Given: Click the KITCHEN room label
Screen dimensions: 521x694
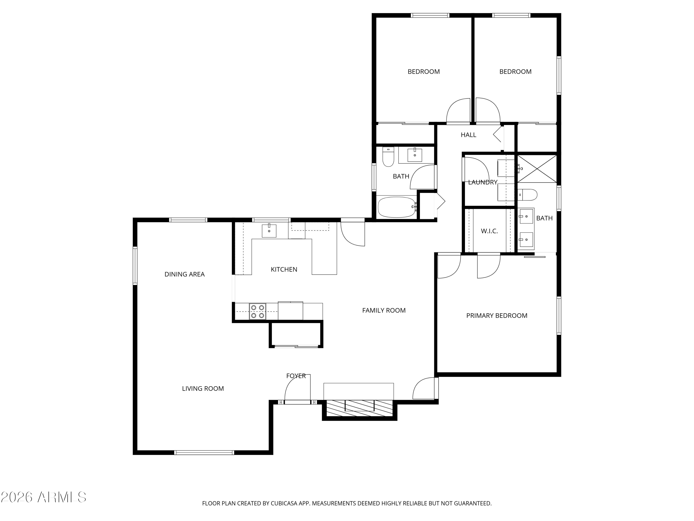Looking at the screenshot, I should tap(284, 269).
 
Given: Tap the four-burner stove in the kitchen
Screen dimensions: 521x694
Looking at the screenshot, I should tap(257, 311).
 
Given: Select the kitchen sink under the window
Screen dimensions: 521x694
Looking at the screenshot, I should tap(269, 231).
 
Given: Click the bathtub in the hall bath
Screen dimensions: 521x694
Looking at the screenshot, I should tap(397, 207).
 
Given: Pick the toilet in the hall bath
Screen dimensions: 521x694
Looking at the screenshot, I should tap(388, 157).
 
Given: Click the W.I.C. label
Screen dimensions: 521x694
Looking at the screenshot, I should tap(489, 231).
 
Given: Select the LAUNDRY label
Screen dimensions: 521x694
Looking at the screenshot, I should tap(483, 182).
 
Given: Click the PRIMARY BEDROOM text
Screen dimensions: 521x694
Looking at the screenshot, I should tap(496, 316).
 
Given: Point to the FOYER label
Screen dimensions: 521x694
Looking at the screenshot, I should tap(296, 376).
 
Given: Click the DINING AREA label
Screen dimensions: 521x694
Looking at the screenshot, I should tap(184, 274).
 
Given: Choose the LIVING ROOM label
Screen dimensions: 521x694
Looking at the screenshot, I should tap(203, 389).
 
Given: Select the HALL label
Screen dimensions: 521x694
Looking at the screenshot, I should tap(468, 135).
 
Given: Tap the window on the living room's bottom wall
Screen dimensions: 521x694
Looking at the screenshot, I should tap(204, 452).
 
